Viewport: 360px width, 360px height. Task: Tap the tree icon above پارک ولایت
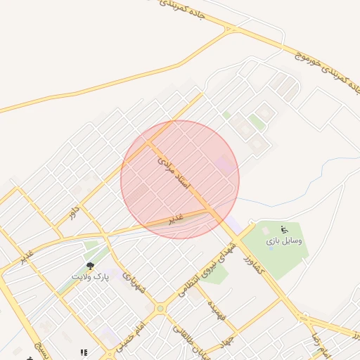[x=90, y=266]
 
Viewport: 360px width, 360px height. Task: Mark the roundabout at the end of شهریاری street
[x=160, y=308]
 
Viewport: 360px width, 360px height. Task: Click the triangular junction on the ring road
[x=229, y=29]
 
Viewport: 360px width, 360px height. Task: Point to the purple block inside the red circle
[x=226, y=165]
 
